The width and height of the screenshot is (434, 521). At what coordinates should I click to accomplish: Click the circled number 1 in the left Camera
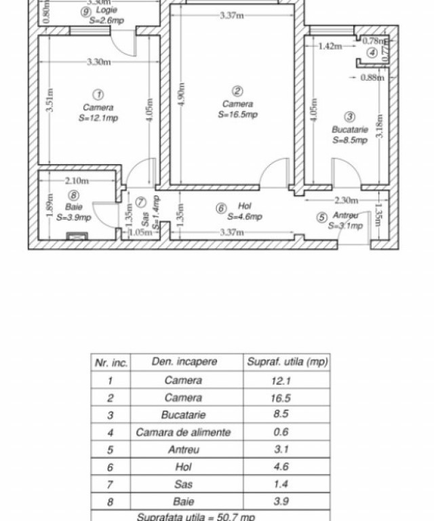(98, 94)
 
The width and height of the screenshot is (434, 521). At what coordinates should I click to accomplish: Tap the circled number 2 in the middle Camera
(237, 91)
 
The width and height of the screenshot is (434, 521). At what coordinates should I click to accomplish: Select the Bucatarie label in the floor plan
(349, 130)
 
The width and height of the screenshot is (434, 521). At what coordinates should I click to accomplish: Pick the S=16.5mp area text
(237, 115)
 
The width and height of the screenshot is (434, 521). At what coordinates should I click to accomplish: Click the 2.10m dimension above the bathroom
(77, 181)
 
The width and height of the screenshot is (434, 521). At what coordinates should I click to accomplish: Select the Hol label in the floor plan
(245, 206)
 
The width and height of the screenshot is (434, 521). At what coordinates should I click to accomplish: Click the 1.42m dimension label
(330, 46)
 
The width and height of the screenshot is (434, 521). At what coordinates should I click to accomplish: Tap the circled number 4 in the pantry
(372, 53)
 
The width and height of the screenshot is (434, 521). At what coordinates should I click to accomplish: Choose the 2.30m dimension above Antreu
(347, 199)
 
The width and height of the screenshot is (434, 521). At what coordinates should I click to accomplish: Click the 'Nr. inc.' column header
(111, 362)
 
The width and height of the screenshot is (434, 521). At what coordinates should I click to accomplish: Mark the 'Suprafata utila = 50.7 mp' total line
(196, 517)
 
